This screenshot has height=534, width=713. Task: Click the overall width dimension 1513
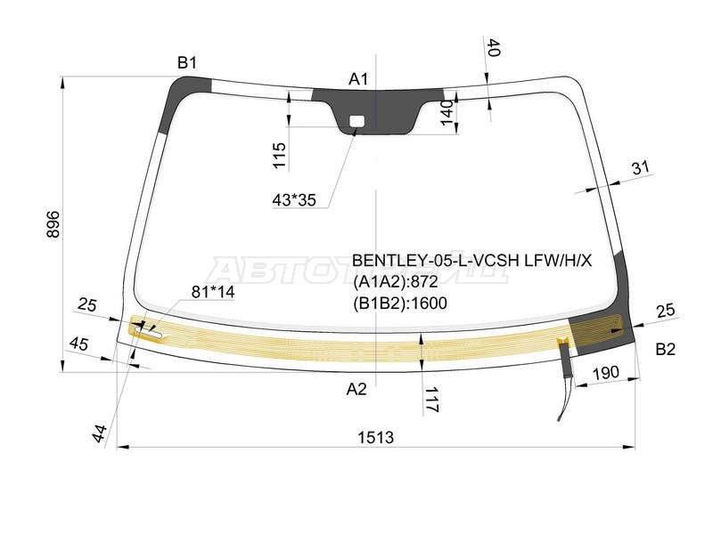[x=375, y=438]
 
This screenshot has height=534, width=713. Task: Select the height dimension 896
[x=53, y=224]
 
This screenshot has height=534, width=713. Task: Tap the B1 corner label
[x=187, y=62]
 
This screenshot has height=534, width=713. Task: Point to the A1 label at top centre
[x=358, y=79]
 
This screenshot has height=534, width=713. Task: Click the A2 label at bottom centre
[x=356, y=389]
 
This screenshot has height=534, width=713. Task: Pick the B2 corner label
[x=665, y=349]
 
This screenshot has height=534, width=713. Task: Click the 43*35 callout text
[x=294, y=199]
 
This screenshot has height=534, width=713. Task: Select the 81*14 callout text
[x=213, y=292]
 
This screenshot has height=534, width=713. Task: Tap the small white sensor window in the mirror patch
[x=356, y=121]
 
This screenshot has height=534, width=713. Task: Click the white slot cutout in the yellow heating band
[x=148, y=334]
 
